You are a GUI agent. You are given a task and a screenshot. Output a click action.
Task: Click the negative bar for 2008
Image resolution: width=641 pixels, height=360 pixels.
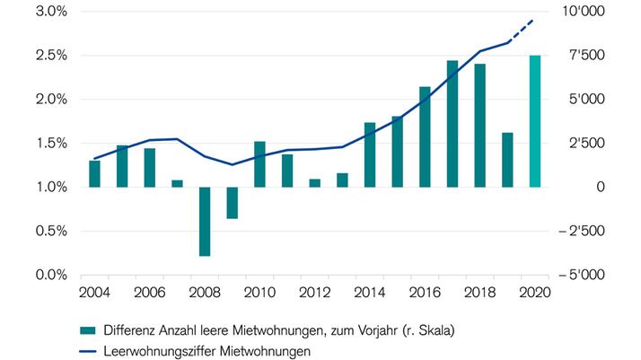[205, 221]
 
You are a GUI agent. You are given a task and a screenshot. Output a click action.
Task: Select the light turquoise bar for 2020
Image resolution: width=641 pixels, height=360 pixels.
[535, 121]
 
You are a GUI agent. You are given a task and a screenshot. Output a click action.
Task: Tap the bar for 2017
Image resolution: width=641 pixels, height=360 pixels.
[452, 124]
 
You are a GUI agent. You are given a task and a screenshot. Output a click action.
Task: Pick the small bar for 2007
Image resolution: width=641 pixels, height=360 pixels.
[177, 183]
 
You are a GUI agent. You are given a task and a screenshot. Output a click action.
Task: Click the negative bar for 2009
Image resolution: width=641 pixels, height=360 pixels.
[232, 203]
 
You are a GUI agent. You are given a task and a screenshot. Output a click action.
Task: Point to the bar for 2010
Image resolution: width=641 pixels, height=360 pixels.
[259, 164]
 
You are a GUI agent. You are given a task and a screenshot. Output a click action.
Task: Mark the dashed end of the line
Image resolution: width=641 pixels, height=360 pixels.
[522, 31]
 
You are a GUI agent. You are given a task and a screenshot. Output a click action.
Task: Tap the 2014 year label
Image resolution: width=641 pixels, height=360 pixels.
[370, 294]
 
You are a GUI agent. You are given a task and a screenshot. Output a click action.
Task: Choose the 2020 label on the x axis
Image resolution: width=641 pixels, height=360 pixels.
[535, 294]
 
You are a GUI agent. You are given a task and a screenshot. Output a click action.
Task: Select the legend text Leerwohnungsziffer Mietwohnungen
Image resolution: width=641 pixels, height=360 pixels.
[206, 352]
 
